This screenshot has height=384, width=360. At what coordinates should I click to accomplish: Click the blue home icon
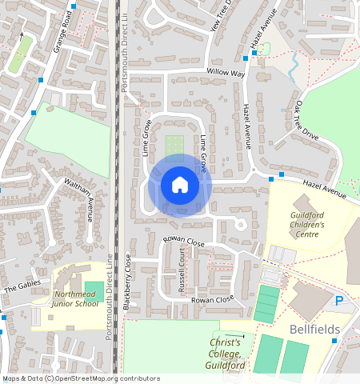[180, 185]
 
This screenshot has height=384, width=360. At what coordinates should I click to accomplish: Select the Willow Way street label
[226, 73]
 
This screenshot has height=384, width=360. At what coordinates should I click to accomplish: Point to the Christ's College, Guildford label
[225, 348]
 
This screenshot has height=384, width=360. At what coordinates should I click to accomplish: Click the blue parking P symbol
[338, 301]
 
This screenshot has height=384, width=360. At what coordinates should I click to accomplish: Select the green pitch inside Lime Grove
[174, 146]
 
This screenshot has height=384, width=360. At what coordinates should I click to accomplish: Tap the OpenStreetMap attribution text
[81, 378]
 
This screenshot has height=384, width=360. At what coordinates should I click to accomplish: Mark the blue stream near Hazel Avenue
[294, 63]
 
